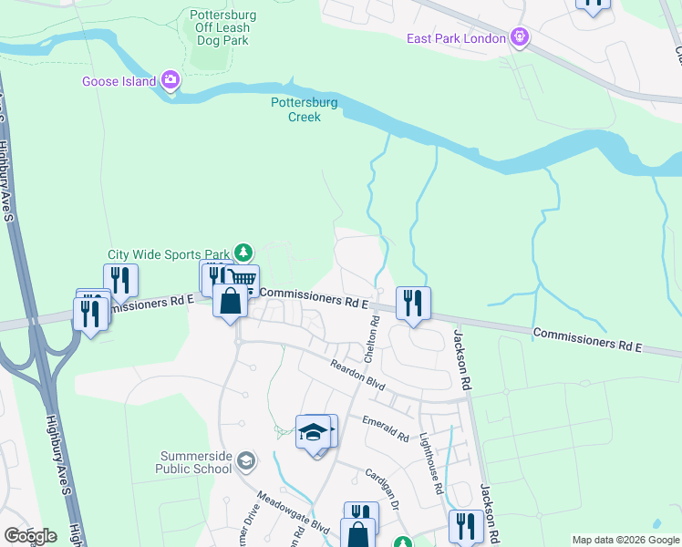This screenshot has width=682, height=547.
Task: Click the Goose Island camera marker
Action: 170,80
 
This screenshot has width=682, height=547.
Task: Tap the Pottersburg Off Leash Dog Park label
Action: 222,27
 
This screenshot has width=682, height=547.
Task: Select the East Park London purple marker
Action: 520,37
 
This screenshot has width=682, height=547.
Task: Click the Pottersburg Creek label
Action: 305,109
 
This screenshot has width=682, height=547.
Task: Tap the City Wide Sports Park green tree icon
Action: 243,252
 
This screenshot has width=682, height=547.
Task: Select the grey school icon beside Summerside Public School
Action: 244,462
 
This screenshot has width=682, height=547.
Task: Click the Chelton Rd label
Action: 371,340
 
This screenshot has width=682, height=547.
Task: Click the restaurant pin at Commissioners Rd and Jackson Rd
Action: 413,304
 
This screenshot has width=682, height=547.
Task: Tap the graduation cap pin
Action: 313,431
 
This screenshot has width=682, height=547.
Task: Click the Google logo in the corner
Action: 30,536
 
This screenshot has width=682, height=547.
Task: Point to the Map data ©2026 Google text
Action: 625,540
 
